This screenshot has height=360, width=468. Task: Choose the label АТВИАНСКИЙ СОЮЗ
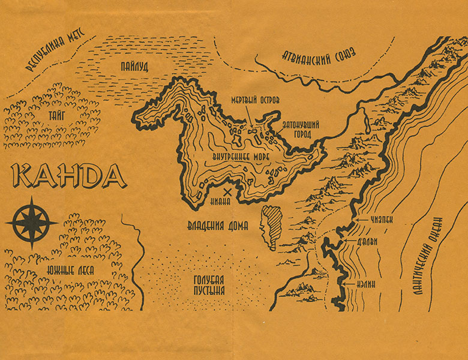pos(319,59)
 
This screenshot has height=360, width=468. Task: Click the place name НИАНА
pos(221,202)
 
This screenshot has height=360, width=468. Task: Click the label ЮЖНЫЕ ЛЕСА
pos(69,271)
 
